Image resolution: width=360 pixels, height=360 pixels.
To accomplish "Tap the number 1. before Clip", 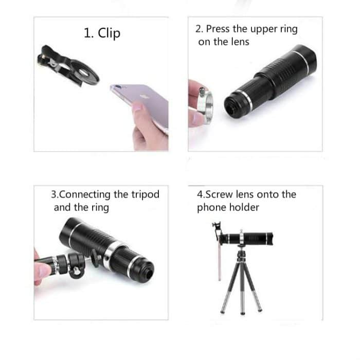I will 88,33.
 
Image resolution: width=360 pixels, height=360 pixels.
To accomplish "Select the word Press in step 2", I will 217,29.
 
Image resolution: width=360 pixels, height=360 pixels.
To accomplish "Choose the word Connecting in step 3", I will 85,194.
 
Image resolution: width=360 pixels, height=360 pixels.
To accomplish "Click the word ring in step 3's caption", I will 99,208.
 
